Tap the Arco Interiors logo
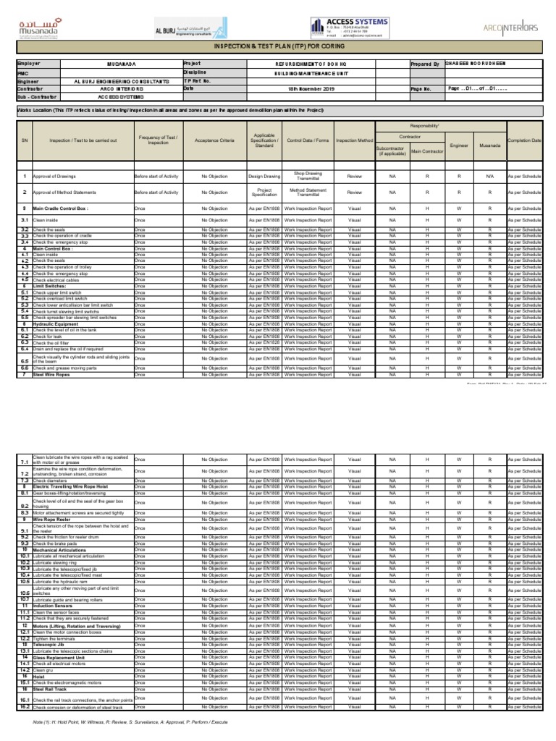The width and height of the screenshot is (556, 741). tap(510, 27)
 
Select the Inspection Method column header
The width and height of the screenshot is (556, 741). tap(355, 140)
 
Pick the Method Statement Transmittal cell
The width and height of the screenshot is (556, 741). tap(308, 192)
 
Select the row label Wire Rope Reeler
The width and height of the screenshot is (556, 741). tap(54, 520)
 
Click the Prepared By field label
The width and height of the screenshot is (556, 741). tap(425, 64)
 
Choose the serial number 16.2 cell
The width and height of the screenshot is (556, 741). tap(24, 707)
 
